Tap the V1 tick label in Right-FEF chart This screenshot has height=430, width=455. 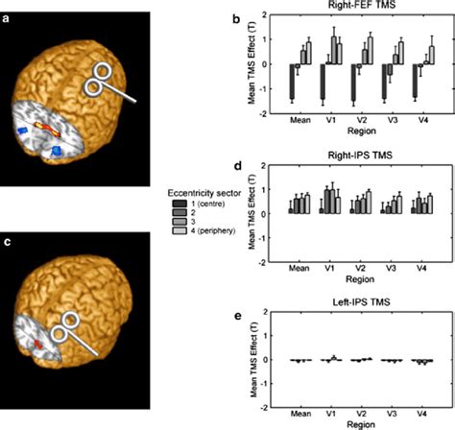pyautogui.click(x=329, y=123)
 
